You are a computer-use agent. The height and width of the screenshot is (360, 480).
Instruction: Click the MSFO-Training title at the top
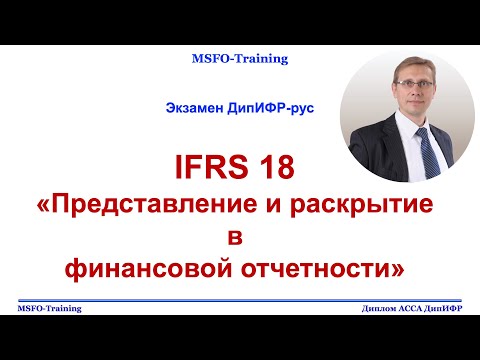[x=240, y=59]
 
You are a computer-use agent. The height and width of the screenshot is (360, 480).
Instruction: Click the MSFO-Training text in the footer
[x=50, y=309]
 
